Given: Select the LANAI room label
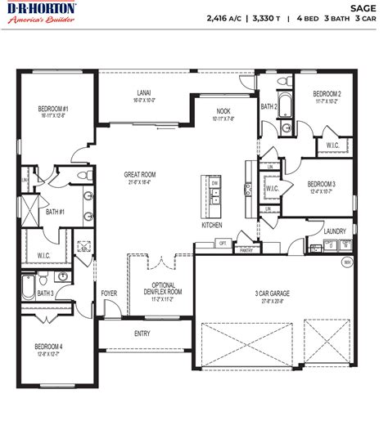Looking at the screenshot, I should (143, 94).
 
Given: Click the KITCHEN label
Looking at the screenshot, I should (212, 225).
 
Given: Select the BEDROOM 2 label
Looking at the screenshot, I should (327, 94).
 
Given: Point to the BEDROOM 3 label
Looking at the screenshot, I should (319, 184).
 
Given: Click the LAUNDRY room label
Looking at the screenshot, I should (335, 231).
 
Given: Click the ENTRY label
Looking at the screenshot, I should (142, 333).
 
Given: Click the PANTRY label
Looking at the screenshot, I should (246, 252).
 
